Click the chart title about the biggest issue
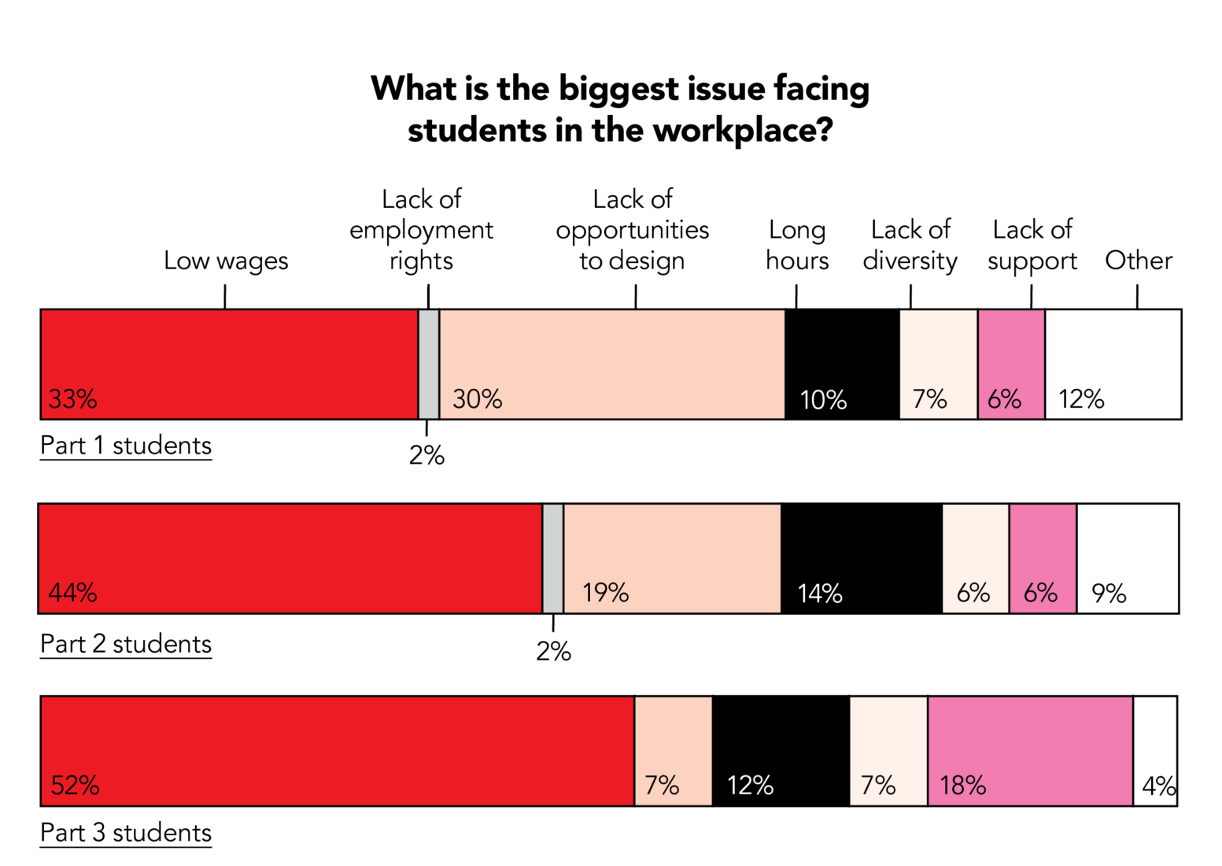(620, 109)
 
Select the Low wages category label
(226, 261)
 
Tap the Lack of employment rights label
(421, 230)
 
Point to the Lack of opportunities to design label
(633, 230)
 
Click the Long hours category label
(797, 245)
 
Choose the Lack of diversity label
(910, 245)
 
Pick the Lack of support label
(1032, 245)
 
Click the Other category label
(1139, 261)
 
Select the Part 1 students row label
(126, 446)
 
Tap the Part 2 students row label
(126, 644)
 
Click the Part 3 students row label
(126, 833)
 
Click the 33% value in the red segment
(73, 399)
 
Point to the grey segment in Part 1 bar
(429, 364)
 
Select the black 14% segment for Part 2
(862, 558)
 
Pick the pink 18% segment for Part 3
(1031, 751)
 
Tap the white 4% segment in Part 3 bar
(1155, 751)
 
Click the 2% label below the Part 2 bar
(553, 651)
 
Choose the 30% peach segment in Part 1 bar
(612, 364)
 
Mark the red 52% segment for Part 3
(337, 751)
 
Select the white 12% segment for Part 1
(1113, 364)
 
